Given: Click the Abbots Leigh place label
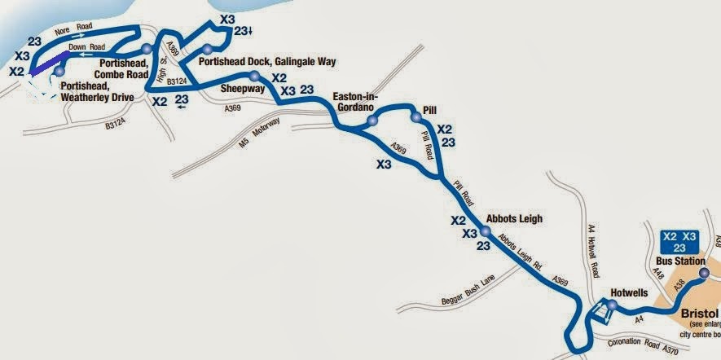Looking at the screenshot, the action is (513, 218).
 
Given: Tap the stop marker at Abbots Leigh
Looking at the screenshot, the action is (485, 231).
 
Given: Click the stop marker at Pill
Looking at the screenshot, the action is (415, 117).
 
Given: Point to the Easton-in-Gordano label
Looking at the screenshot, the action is (365, 101).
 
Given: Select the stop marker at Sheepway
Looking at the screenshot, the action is (255, 76).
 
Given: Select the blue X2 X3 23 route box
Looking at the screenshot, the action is (679, 242).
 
